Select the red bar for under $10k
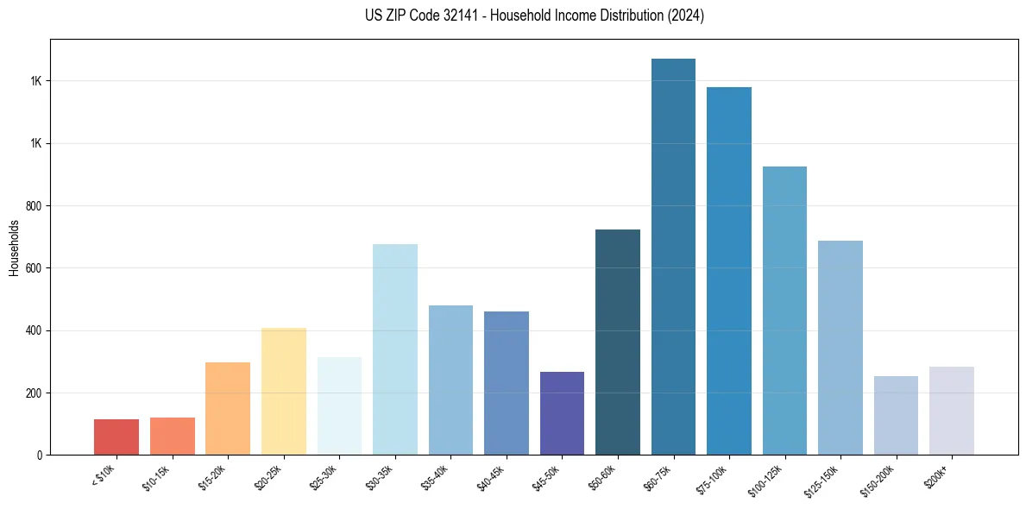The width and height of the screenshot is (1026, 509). point(116,437)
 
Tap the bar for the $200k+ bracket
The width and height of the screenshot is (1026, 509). point(951,411)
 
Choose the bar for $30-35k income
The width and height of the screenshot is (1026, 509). point(394,349)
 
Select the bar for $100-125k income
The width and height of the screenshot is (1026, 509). point(784,311)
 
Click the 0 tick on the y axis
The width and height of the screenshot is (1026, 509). point(40,456)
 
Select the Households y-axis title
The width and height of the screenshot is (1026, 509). point(15,248)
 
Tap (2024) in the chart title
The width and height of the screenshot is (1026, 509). point(686,16)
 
